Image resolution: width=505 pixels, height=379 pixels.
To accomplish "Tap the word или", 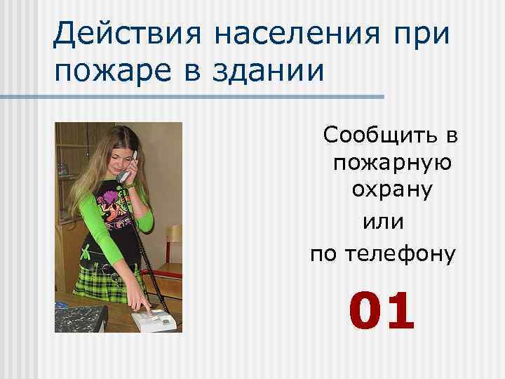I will click(x=382, y=223).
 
